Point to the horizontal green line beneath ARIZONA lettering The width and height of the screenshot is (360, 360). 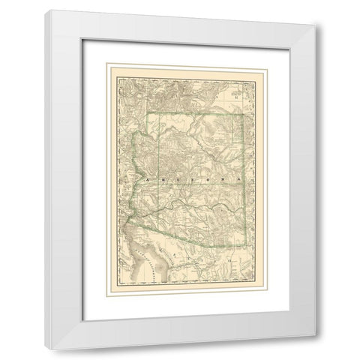point(202,185)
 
